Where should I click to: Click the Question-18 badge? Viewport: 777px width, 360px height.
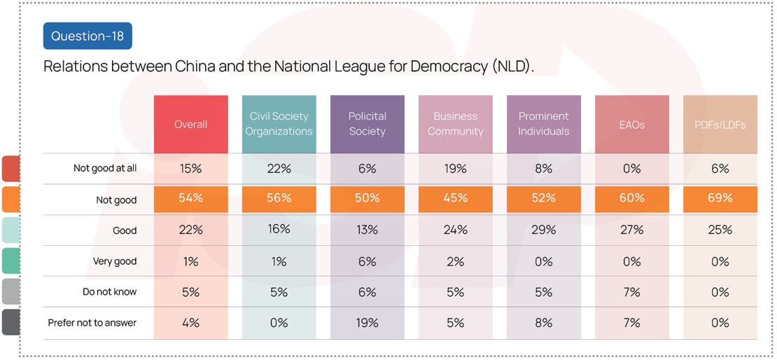87,36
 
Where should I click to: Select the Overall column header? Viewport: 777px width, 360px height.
191,124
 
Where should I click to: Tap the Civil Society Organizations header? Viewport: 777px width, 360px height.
279,124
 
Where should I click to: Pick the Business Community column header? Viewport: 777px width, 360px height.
456,124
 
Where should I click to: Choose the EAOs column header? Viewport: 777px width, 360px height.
632,124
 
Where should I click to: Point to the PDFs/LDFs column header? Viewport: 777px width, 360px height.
720,124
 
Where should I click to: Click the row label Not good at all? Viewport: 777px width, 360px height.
105,169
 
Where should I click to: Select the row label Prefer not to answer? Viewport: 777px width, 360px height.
92,323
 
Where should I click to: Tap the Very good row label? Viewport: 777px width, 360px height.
115,261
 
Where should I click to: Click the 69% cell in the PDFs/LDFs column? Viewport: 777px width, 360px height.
720,199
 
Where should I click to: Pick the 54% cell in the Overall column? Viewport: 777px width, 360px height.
191,199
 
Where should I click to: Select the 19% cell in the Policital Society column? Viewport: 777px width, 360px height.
367,323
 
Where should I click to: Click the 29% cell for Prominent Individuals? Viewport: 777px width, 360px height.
543,230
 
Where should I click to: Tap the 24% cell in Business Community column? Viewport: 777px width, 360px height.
456,230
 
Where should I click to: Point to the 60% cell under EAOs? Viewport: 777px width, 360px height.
632,199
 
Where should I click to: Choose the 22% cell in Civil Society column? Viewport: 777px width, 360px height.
279,169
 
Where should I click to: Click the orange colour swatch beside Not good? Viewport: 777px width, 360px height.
10,200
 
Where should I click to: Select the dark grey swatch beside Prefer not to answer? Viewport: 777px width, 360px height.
10,323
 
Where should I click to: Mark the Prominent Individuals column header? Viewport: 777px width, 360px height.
543,124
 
